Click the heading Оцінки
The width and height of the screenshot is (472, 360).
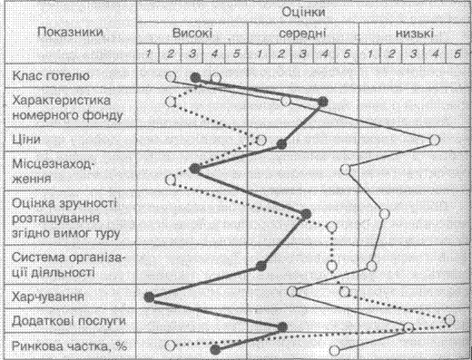[x=303, y=12]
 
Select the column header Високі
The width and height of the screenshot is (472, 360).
[x=192, y=33]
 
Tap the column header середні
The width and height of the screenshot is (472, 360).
[x=302, y=34]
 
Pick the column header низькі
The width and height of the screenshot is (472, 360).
[x=415, y=33]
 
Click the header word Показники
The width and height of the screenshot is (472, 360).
[x=70, y=32]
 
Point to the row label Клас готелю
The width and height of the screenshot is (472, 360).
[x=51, y=75]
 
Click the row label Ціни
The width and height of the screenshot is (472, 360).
[x=26, y=140]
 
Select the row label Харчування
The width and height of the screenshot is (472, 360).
[x=48, y=297]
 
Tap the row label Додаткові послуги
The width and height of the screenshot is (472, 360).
[x=69, y=321]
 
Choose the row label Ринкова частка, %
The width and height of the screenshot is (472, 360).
[x=69, y=346]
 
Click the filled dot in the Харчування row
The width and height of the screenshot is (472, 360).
[x=149, y=297]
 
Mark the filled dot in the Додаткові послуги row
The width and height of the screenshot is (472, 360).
[x=282, y=327]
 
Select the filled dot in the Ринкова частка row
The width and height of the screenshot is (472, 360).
[x=215, y=350]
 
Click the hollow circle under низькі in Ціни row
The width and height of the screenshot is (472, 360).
[x=435, y=141]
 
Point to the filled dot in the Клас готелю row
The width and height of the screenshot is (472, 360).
[x=196, y=78]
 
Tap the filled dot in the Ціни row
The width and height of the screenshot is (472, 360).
[x=281, y=144]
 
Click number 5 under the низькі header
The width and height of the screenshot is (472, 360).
[x=457, y=54]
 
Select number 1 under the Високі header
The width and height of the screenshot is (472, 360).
[x=148, y=54]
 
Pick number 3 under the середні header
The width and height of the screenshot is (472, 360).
[x=303, y=54]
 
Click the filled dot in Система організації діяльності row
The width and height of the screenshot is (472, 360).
[x=261, y=266]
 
